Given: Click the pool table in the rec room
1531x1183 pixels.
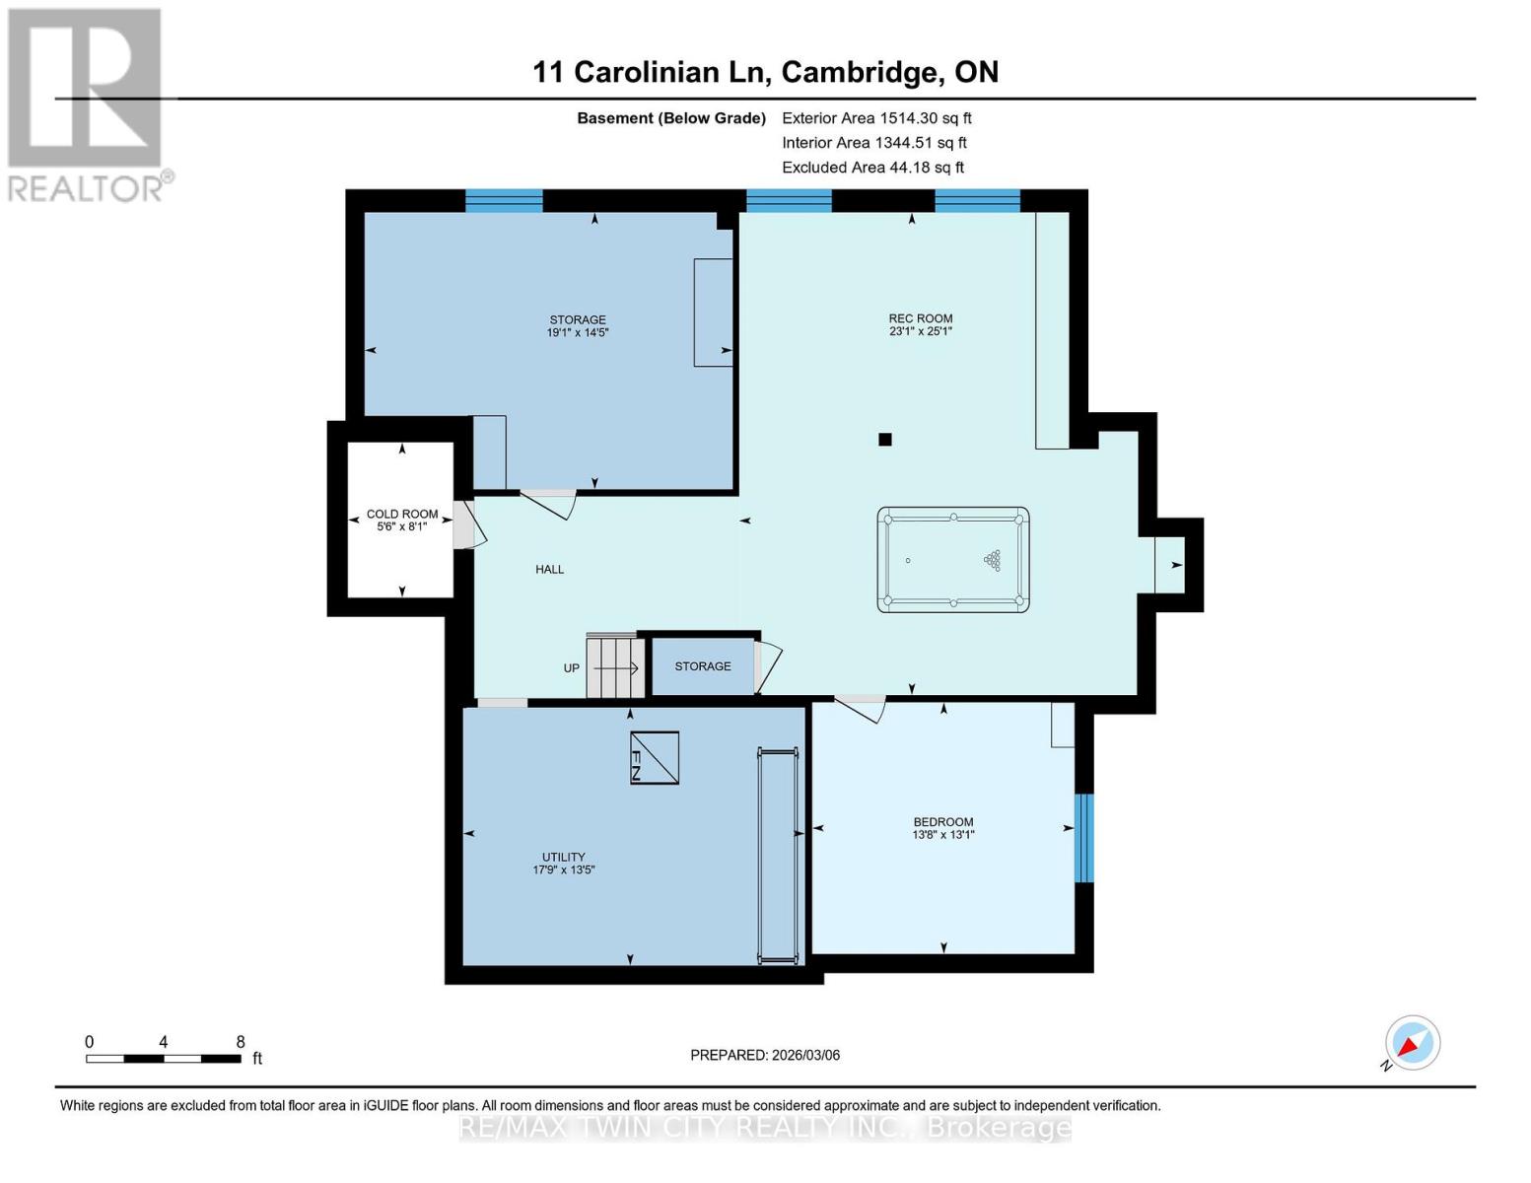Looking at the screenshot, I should pos(952,560).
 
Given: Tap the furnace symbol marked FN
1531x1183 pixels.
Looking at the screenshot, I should pos(655,757).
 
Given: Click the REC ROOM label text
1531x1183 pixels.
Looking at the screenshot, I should pos(921,318).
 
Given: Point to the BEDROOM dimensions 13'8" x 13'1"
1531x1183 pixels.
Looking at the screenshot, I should pos(943,835).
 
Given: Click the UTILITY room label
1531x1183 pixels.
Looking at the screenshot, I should pos(564,857).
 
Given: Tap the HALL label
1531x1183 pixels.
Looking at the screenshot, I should pos(550,569).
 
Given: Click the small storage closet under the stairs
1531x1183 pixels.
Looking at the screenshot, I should pos(703,666).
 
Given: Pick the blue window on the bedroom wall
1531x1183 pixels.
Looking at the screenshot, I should pos(1083,838).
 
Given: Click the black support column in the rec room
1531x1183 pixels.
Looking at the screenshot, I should pos(885,440).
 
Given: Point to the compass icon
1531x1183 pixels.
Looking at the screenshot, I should pos(1412,1043).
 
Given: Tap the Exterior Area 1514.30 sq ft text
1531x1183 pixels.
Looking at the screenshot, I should pos(876,118).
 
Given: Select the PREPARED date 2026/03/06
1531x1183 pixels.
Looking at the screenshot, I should pos(765,1055).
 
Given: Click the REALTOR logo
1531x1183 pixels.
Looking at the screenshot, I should pos(87,104).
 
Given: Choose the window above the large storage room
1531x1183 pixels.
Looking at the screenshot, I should pos(504,200).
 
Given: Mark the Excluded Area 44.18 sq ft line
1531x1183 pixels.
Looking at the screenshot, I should pos(872,168).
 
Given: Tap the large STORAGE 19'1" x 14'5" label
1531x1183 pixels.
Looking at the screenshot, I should pos(578,326).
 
